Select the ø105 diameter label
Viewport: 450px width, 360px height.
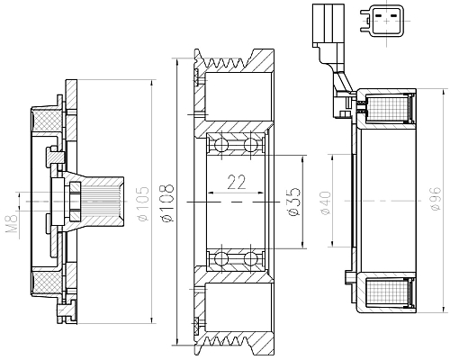click(x=142, y=205)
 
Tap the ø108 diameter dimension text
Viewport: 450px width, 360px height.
click(x=167, y=205)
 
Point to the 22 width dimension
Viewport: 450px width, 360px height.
click(x=236, y=182)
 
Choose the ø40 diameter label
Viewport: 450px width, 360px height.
click(x=326, y=203)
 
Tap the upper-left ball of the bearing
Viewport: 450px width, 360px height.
click(x=219, y=145)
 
